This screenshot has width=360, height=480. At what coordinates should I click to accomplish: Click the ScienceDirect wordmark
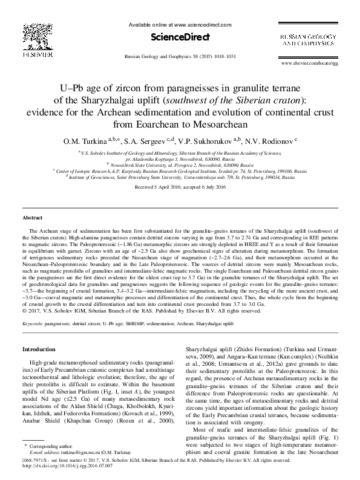pyautogui.click(x=180, y=37)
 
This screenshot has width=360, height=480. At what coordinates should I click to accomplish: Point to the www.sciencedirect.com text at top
pyautogui.click(x=202, y=25)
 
